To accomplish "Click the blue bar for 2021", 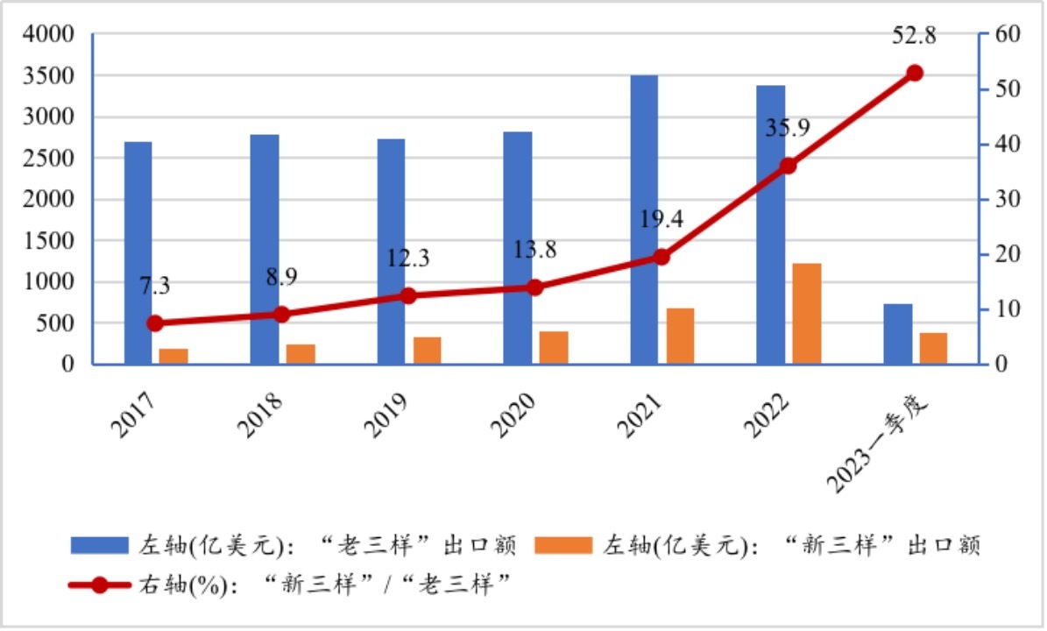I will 644,219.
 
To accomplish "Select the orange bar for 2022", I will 807,313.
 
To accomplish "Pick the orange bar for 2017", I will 173,356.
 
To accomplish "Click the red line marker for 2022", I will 789,166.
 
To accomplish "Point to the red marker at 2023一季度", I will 915,73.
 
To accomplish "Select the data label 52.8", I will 915,36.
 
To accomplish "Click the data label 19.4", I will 661,219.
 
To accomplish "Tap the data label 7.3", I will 154,287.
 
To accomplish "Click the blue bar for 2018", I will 265,249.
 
